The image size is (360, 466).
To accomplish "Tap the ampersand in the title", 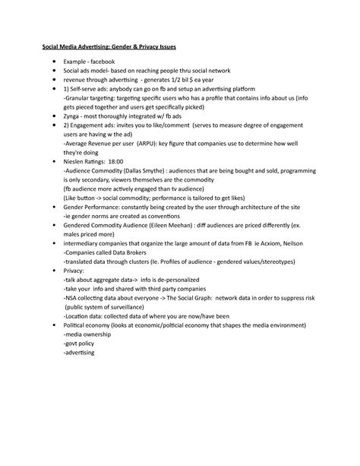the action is pos(124,47).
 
